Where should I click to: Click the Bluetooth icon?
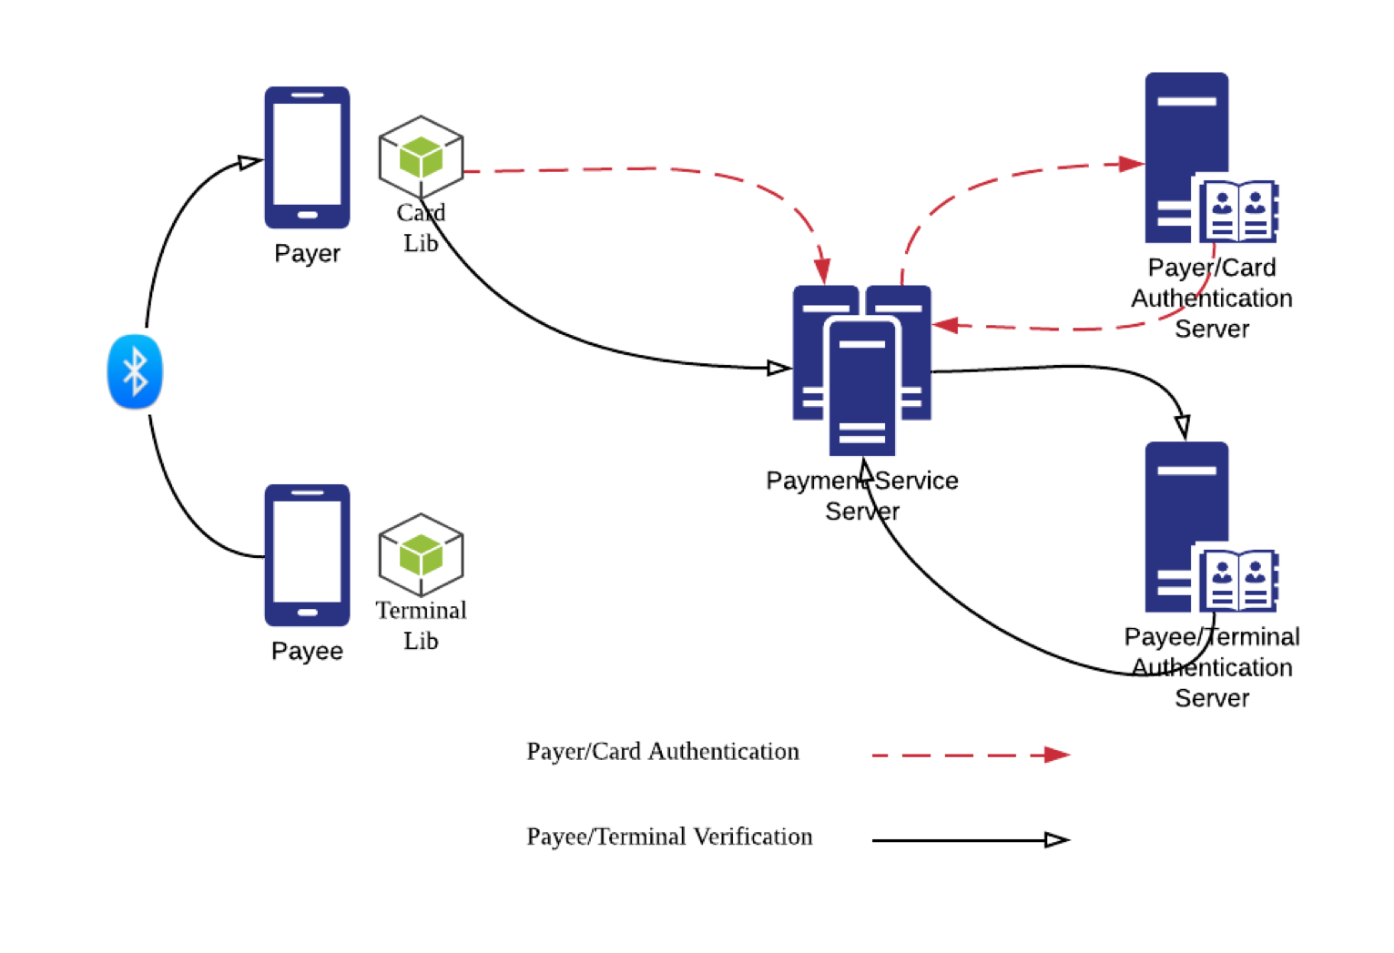[135, 371]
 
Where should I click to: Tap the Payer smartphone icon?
[307, 157]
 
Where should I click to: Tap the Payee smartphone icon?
[307, 554]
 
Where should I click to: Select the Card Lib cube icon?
[421, 157]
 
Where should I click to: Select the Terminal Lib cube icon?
[421, 554]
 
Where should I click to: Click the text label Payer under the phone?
[307, 253]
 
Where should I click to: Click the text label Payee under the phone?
[307, 651]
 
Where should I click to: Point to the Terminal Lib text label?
[421, 625]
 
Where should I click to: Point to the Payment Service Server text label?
[861, 495]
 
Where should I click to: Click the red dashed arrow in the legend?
[970, 755]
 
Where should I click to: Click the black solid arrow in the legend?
[970, 840]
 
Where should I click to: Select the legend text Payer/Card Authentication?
[663, 752]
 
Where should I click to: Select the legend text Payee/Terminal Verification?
[669, 836]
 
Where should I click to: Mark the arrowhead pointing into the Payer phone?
[249, 162]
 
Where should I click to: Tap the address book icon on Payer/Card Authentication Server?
[1238, 210]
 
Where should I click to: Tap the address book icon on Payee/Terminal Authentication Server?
[1238, 580]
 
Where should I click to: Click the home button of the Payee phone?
[307, 613]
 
